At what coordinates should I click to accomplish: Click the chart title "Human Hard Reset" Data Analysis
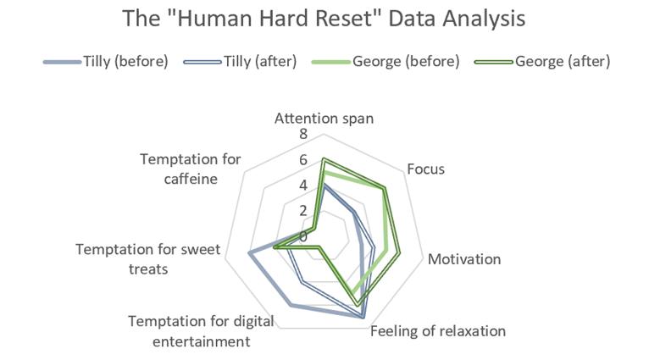324,19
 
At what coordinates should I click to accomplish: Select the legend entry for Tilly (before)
125,61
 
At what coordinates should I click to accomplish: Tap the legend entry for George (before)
406,61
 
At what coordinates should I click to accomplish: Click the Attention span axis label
324,119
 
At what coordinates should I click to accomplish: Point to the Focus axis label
425,169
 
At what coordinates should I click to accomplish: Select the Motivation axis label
464,259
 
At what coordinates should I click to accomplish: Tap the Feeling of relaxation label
438,330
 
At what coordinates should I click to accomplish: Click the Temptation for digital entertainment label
190,331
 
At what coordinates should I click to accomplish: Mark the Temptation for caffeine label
191,169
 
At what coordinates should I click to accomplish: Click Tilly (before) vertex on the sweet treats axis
249,252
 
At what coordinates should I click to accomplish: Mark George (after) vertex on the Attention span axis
323,159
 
